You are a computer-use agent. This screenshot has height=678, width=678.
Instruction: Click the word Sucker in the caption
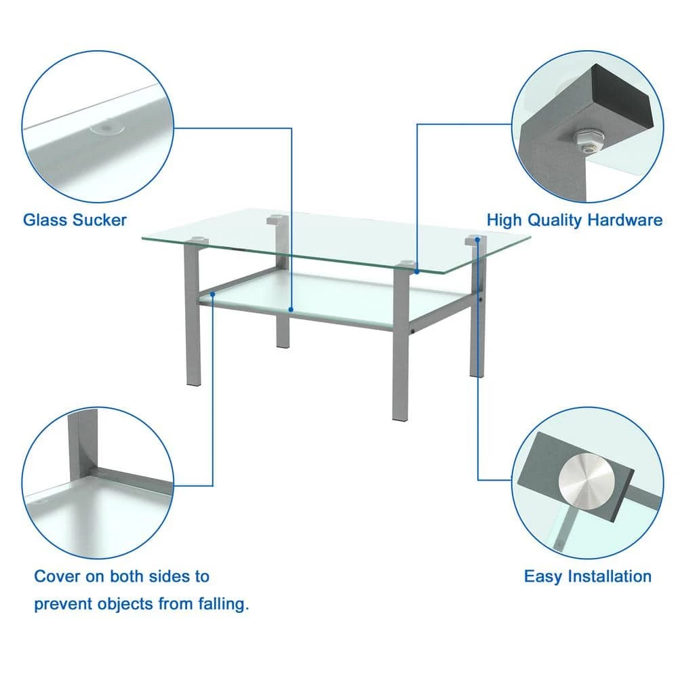100,220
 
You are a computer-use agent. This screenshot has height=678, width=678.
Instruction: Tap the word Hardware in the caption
625,220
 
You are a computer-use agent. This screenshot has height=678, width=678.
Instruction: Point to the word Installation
610,576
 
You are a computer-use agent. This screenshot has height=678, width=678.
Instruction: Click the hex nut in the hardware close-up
589,138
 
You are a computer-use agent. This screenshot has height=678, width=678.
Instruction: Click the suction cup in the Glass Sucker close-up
106,128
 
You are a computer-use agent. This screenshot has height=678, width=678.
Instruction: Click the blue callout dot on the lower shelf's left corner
213,294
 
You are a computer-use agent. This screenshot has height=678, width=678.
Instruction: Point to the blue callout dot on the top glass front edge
417,272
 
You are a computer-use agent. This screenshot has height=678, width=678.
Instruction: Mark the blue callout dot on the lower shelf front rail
291,310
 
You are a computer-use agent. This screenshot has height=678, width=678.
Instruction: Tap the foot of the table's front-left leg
193,382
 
